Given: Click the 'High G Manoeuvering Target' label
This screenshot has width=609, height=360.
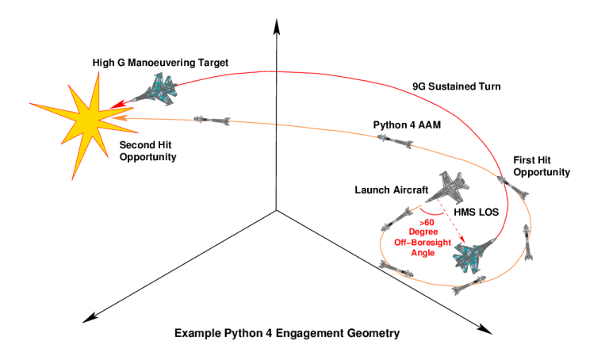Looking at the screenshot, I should (x=148, y=62).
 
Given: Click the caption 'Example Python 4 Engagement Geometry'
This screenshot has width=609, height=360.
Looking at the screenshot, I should (x=287, y=333).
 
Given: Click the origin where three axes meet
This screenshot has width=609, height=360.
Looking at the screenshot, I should (x=276, y=209).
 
